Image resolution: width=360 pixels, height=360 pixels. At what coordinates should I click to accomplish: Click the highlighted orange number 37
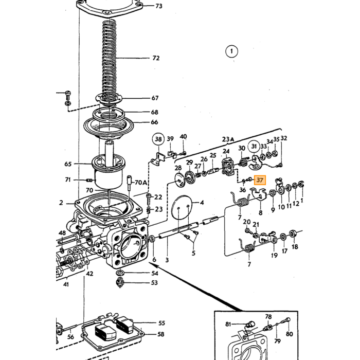259,180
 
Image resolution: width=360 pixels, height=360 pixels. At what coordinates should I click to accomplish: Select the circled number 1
231,51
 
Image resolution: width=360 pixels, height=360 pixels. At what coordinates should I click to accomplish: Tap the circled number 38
158,139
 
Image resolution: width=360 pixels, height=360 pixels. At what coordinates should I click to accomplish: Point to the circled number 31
254,147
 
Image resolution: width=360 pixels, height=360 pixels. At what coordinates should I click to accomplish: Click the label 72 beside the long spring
156,58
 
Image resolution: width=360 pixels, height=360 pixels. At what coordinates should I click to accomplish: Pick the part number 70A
140,183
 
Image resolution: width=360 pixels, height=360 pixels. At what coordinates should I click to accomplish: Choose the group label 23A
228,139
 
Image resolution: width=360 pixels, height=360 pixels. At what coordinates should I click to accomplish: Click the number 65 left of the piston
68,164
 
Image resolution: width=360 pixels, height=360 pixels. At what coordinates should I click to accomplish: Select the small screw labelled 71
89,180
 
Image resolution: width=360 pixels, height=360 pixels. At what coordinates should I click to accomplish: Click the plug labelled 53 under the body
120,282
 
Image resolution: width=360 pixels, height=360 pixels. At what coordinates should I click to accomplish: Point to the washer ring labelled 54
120,273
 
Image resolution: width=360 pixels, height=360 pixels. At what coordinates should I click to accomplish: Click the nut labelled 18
293,233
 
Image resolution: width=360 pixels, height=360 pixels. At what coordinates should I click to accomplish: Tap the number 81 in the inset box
228,324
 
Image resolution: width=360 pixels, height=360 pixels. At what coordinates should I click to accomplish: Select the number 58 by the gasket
160,334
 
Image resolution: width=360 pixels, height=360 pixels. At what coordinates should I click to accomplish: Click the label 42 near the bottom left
89,274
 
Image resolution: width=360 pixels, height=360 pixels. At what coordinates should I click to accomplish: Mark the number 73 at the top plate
159,6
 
